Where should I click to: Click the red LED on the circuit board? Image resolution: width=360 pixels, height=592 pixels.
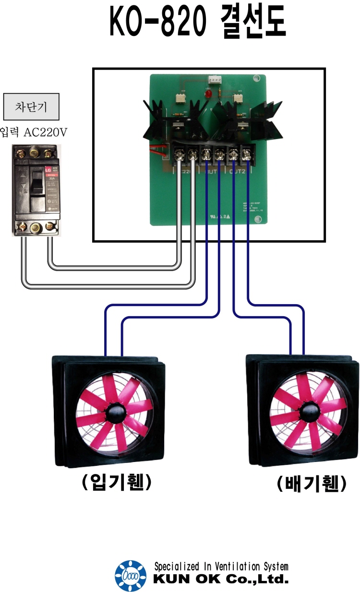(208, 95)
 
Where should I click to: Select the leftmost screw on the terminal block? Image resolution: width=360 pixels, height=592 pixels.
(180, 154)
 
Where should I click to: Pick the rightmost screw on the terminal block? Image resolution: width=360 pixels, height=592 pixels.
(247, 154)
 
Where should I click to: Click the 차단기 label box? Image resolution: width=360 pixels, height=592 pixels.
(31, 107)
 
